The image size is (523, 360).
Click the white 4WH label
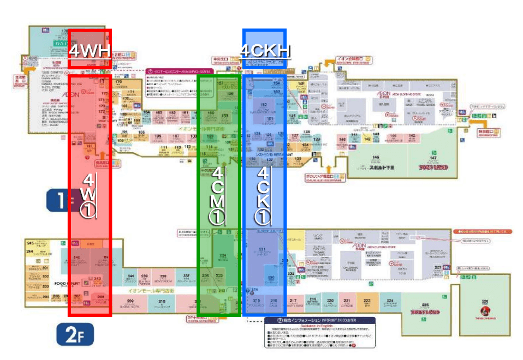point(90,51)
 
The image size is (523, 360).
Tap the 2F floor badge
point(75,335)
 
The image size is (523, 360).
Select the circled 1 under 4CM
point(217,217)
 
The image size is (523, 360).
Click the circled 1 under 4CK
point(263,217)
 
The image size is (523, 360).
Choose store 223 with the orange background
point(367,302)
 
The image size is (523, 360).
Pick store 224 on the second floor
point(390,302)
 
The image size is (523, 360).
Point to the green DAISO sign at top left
point(59,41)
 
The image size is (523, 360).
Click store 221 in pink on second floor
point(347,302)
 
